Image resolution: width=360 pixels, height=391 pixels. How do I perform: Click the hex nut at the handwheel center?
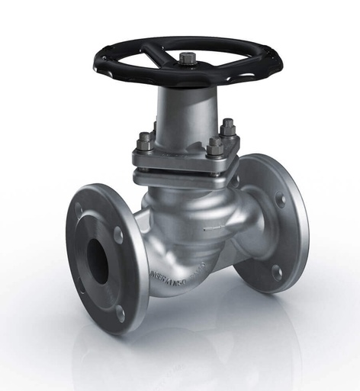(x=188, y=57)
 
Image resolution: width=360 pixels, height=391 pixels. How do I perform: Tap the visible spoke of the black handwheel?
(x=156, y=54)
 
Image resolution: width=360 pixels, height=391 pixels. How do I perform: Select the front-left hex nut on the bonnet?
(x=145, y=142)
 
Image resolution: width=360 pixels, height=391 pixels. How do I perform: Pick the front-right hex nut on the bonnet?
(x=214, y=147)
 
